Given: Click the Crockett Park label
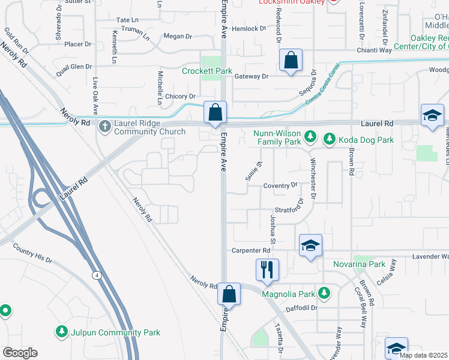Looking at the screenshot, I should pyautogui.click(x=206, y=71).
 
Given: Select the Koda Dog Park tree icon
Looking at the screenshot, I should pyautogui.click(x=330, y=139).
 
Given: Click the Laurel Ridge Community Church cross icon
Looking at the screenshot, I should pyautogui.click(x=105, y=126).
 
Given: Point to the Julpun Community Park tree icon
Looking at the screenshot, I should pyautogui.click(x=61, y=332).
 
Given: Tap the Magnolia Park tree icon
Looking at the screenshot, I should pyautogui.click(x=324, y=293).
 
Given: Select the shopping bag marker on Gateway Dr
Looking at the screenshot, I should pyautogui.click(x=291, y=60).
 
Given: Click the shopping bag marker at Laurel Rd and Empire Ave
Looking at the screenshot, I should pyautogui.click(x=215, y=112).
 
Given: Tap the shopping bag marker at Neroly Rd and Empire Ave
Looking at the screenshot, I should pyautogui.click(x=229, y=294).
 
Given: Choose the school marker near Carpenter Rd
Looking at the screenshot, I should pyautogui.click(x=310, y=245).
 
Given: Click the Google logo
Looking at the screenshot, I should pyautogui.click(x=20, y=352).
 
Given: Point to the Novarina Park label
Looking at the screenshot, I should pyautogui.click(x=359, y=264).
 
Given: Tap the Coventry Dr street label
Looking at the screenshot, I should pyautogui.click(x=280, y=185).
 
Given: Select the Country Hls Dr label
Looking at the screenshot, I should pyautogui.click(x=32, y=254).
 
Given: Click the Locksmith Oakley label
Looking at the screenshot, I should pyautogui.click(x=291, y=2).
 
